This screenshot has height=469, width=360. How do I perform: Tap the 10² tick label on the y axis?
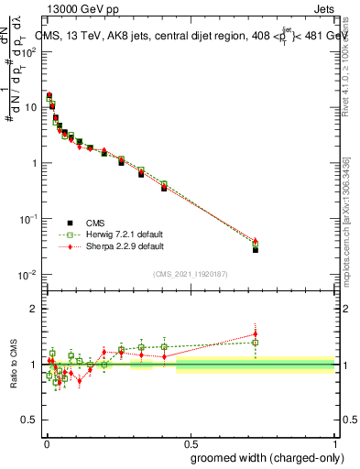[x=30, y=51]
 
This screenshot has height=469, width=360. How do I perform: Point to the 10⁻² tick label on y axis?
[x=30, y=275]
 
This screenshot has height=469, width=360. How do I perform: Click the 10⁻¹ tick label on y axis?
[x=30, y=219]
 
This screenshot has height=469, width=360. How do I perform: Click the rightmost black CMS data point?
[x=256, y=249]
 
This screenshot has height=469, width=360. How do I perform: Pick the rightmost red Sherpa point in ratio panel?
[x=256, y=334]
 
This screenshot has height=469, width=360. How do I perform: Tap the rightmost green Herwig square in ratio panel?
[x=256, y=343]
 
